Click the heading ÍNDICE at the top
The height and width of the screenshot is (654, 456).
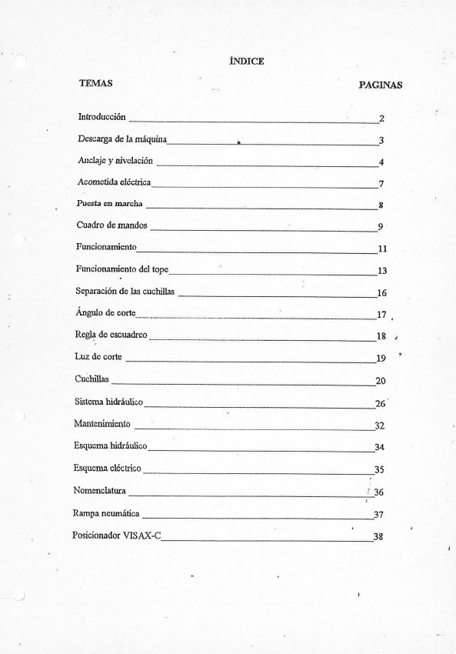click(247, 62)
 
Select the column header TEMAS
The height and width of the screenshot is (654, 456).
click(95, 82)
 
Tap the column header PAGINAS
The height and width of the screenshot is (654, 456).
click(380, 85)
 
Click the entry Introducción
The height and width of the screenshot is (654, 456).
click(102, 117)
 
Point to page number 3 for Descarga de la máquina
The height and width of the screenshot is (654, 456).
click(381, 141)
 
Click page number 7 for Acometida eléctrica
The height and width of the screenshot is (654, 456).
click(381, 184)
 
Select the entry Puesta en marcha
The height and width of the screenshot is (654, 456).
click(109, 204)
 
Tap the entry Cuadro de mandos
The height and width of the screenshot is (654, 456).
click(112, 225)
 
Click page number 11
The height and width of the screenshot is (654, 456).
click(381, 249)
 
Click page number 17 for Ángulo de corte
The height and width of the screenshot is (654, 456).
click(381, 314)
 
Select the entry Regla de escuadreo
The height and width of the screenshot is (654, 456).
click(111, 335)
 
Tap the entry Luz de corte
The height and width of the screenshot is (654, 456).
click(98, 357)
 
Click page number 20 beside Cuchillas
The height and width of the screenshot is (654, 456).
click(380, 381)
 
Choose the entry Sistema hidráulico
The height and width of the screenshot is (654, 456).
click(108, 401)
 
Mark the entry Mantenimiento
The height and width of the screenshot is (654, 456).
click(102, 423)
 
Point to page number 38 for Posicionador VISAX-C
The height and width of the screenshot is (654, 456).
click(378, 537)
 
